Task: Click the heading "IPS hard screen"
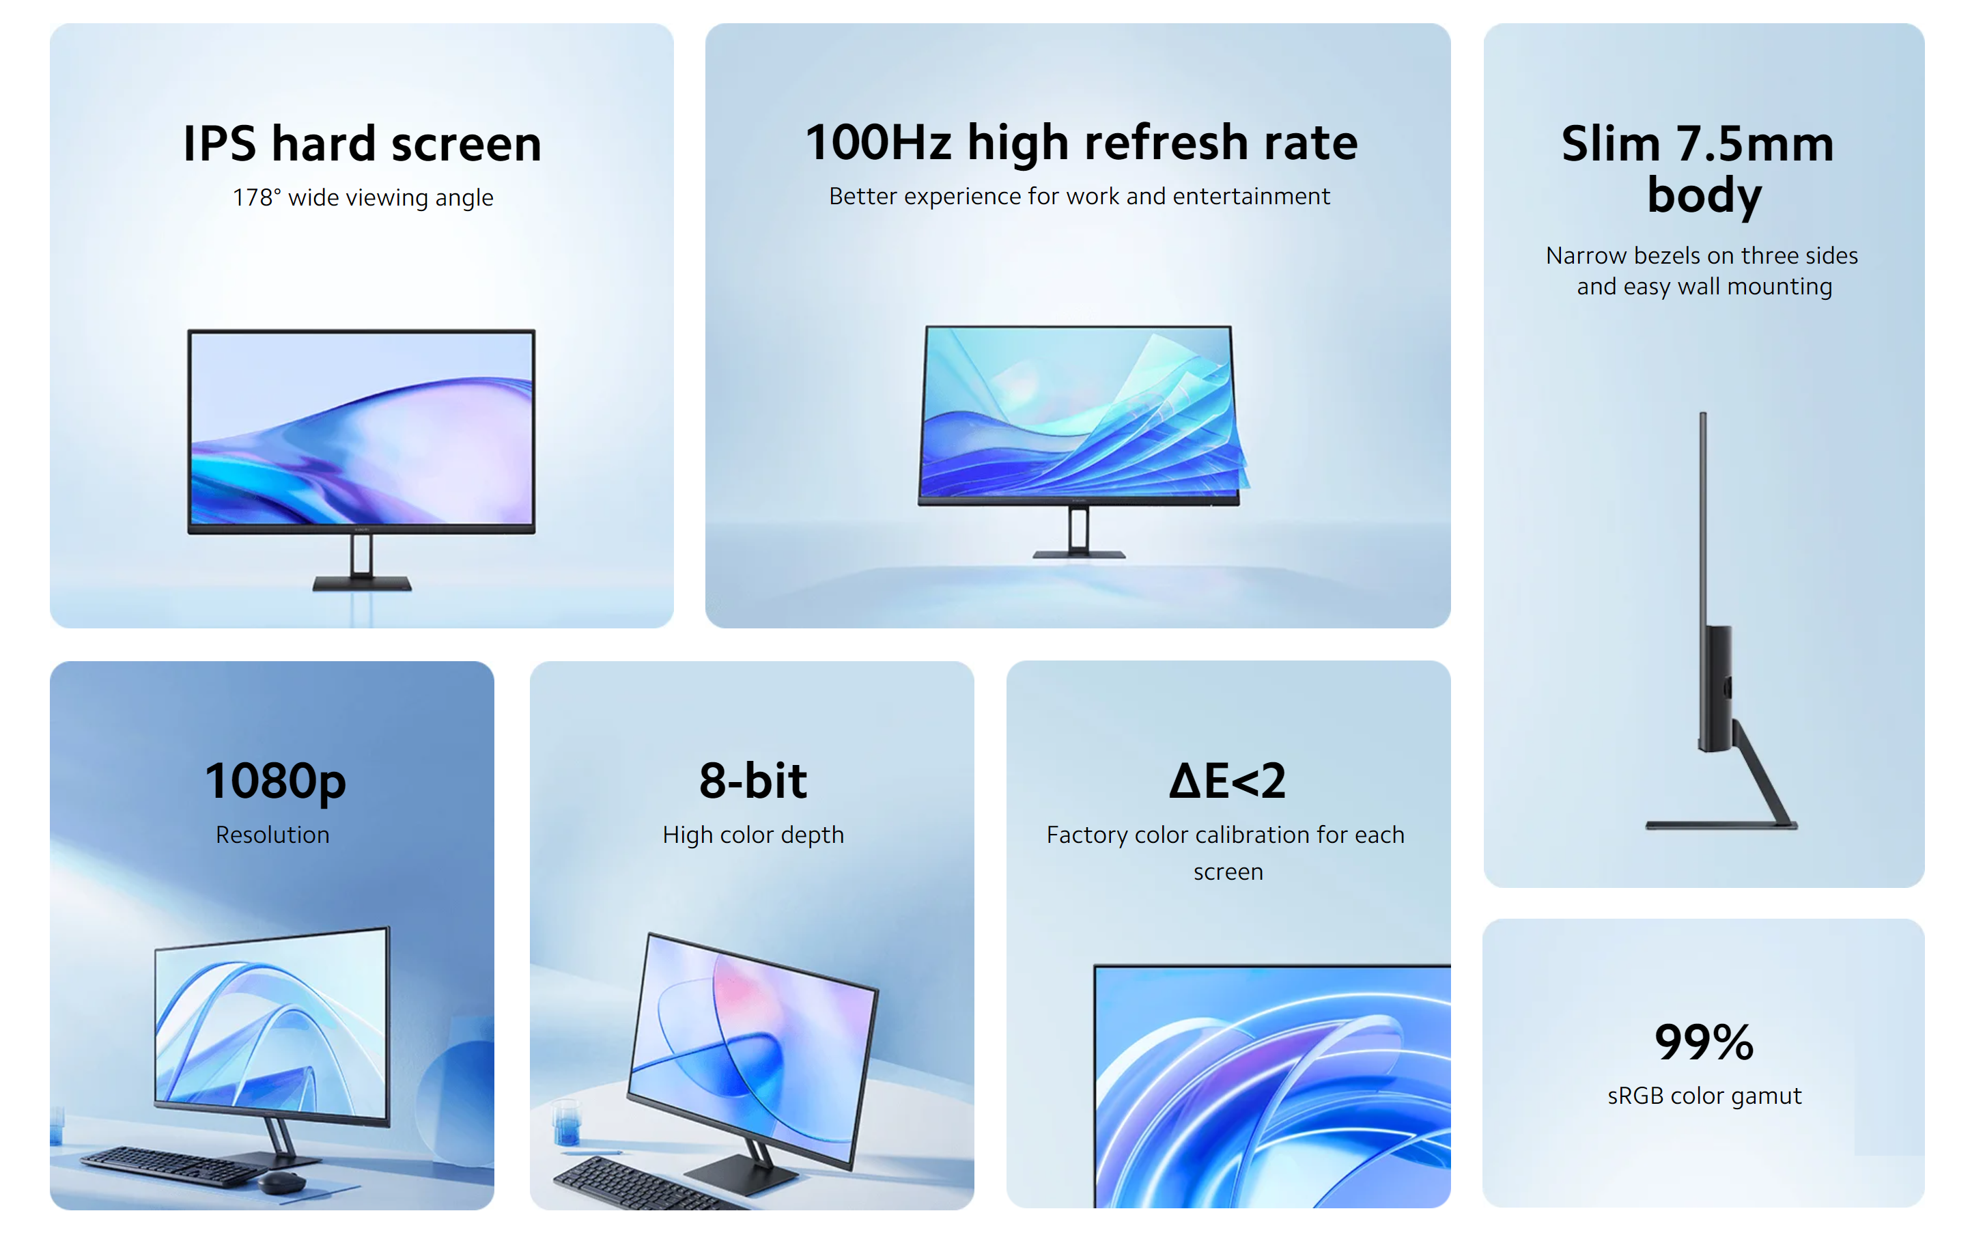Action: coord(362,144)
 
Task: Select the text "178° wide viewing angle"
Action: coord(363,197)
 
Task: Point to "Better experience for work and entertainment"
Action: coord(1079,197)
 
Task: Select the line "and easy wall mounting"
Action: coord(1704,286)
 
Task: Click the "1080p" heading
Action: coord(275,781)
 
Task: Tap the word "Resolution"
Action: coord(272,835)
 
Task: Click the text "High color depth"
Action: coord(752,835)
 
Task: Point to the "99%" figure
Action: coord(1704,1042)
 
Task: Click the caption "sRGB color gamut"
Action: coord(1704,1096)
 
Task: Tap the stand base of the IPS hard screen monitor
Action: coord(362,583)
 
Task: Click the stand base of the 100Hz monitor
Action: coord(1078,555)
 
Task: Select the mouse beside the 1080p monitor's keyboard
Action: coord(281,1182)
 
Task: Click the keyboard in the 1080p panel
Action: coord(173,1165)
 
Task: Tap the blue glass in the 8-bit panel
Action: coord(567,1123)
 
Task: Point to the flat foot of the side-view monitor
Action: coord(1721,825)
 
